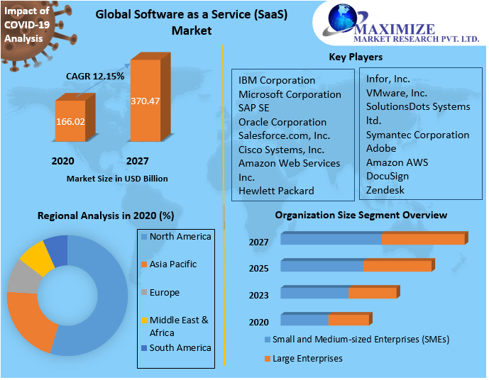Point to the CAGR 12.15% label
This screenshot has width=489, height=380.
[95, 75]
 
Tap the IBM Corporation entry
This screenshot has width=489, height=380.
[277, 80]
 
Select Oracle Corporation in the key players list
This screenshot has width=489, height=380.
[282, 122]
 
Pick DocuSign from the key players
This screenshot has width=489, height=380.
[388, 176]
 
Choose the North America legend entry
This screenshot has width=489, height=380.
[180, 237]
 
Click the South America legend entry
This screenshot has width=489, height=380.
[180, 348]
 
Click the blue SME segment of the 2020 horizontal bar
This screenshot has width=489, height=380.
[304, 320]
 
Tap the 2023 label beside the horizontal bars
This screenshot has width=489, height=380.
[259, 296]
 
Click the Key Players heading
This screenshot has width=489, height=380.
[356, 57]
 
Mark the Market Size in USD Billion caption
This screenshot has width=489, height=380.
[117, 179]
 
